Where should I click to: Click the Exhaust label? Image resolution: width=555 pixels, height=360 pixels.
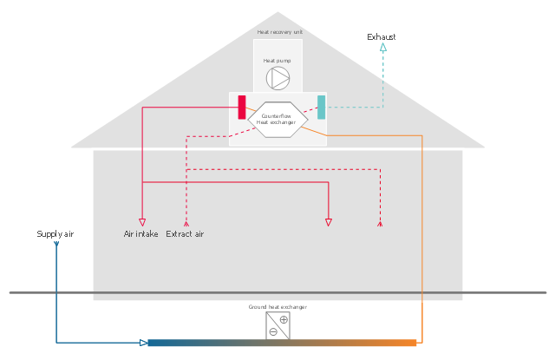click(x=381, y=37)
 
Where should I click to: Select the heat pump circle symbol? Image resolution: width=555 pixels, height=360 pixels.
click(x=278, y=78)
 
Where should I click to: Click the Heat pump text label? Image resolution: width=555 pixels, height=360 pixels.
click(x=277, y=61)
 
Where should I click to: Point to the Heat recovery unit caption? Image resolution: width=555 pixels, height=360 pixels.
click(x=279, y=32)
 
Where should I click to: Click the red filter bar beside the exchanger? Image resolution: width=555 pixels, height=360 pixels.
click(x=242, y=107)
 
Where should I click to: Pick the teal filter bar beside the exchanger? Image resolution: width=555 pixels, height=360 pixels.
click(x=321, y=107)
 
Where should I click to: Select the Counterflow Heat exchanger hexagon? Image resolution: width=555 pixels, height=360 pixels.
click(x=277, y=120)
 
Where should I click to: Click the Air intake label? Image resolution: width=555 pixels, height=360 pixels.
click(x=140, y=234)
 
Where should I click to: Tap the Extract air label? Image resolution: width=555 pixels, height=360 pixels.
click(x=185, y=234)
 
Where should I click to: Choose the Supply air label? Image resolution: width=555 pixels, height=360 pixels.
click(x=55, y=234)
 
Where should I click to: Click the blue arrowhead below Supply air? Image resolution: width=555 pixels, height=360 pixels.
click(x=56, y=244)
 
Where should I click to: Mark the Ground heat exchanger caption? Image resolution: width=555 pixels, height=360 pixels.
click(x=277, y=307)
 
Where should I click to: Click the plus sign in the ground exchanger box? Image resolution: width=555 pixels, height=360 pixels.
click(x=284, y=319)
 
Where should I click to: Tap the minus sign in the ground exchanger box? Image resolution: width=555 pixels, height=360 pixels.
click(x=272, y=331)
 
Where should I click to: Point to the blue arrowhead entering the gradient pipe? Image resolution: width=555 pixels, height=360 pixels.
click(x=144, y=343)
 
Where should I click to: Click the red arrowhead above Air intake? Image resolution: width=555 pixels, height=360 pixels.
click(x=142, y=222)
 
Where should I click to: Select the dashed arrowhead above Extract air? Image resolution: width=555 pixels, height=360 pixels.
click(x=186, y=223)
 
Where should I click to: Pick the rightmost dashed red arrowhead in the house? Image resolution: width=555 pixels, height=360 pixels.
click(x=380, y=223)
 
